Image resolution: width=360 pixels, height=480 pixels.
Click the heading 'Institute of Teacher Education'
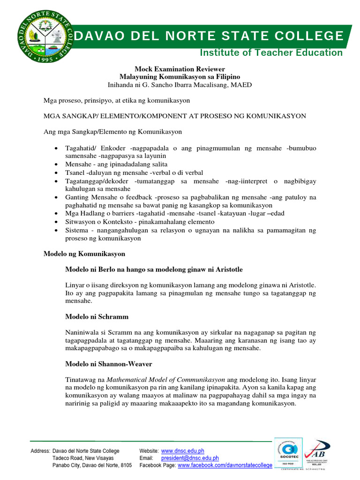(x=271, y=52)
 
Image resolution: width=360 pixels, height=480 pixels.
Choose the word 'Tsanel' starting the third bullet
(x=75, y=173)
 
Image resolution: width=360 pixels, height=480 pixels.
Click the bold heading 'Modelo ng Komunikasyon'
(x=84, y=253)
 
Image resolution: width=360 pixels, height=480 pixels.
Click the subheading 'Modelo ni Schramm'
(x=97, y=317)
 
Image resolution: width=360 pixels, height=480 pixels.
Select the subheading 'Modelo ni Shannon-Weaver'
(x=109, y=364)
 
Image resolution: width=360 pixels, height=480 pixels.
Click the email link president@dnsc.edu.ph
(x=190, y=458)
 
